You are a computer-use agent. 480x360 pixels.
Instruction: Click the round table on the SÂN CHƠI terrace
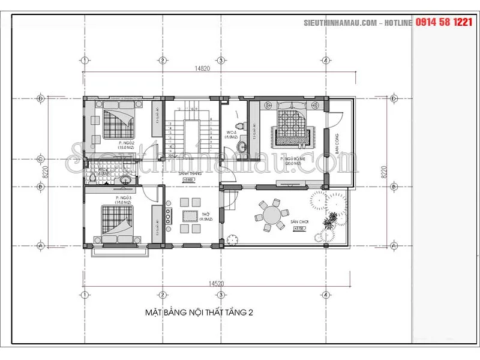pyautogui.click(x=271, y=215)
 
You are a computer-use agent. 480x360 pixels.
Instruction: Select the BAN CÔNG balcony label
pyautogui.click(x=337, y=143)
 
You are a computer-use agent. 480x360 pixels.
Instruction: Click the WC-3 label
pyautogui.click(x=231, y=133)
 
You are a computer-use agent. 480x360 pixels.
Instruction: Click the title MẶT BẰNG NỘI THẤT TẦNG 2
pyautogui.click(x=199, y=313)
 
